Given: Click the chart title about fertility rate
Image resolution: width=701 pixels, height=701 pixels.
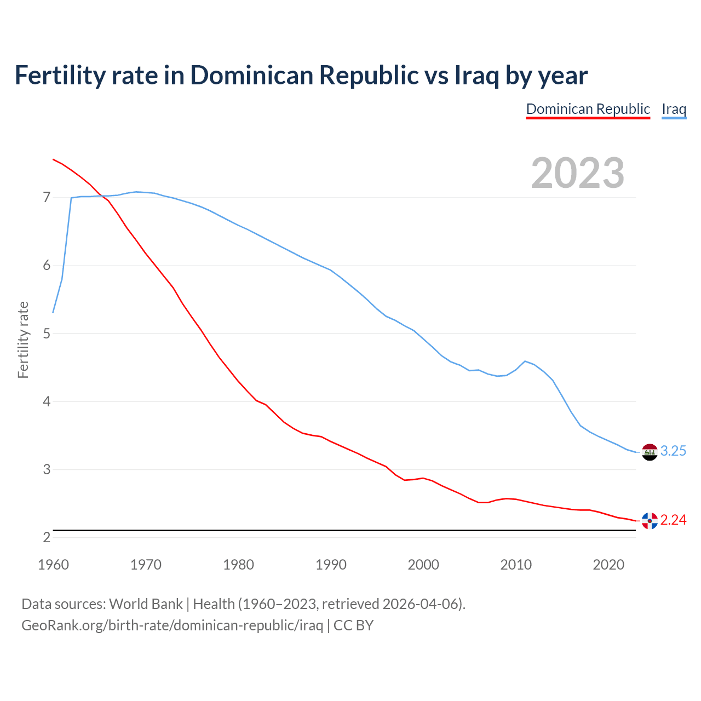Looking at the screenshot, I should tap(301, 76).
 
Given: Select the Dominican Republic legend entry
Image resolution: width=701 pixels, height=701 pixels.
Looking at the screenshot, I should tap(588, 109).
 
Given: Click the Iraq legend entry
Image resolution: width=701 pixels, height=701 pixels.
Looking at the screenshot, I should tap(674, 109).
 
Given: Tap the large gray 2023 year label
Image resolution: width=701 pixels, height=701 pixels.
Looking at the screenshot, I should tap(577, 173).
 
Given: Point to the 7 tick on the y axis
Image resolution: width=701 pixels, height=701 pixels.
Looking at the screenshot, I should tap(47, 197).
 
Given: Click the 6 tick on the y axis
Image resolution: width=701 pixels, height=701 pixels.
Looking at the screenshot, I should tap(47, 266).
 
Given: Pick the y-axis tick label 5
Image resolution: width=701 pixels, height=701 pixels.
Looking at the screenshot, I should tap(47, 334).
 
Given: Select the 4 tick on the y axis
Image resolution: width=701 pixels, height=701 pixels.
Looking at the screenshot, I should tap(47, 401).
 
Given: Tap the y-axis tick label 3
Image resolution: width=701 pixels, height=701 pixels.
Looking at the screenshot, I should tap(47, 469).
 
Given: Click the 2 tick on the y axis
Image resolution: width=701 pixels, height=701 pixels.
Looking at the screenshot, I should tap(47, 537).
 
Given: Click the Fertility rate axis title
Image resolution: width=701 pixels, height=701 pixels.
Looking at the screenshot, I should tap(23, 340).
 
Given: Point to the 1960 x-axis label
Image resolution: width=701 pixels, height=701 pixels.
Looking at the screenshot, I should tap(53, 565).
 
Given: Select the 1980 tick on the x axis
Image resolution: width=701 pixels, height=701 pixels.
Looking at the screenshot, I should tap(238, 565).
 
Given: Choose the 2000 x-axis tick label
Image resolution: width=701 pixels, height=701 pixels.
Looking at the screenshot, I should tap(423, 565).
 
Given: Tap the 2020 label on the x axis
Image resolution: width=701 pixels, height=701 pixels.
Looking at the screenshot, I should tap(608, 565).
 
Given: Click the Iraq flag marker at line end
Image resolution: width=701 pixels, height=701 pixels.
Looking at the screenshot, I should tap(650, 452).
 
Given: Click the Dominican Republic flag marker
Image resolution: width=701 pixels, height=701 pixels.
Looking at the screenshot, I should tap(650, 521).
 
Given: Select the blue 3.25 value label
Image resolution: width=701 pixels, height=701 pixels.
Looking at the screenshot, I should tap(673, 451).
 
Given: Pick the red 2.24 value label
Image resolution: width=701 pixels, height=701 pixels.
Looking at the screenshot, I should tap(673, 520).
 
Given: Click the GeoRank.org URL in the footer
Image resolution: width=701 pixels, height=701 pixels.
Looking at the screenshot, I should tap(172, 625).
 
